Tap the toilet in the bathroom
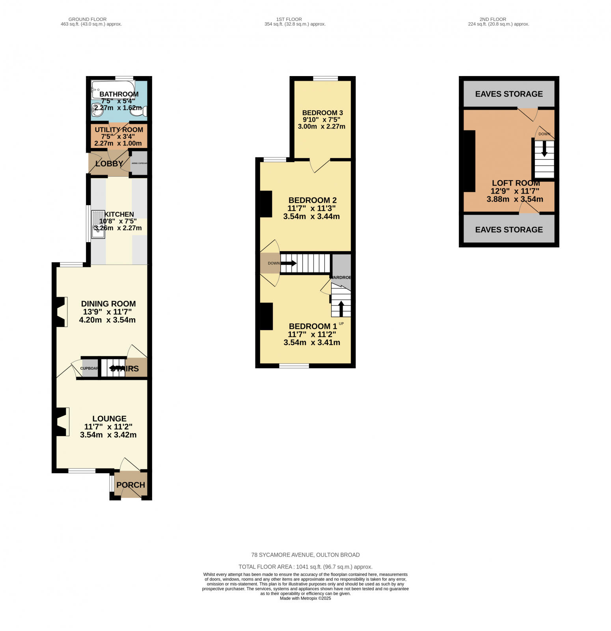click(139, 111)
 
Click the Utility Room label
click(119, 130)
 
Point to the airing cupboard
click(139, 163)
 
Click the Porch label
click(130, 485)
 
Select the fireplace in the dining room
click(61, 312)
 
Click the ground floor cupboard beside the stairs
click(89, 368)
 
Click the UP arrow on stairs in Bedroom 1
click(341, 308)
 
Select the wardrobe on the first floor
click(341, 266)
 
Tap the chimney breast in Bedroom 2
click(266, 204)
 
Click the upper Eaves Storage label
click(509, 94)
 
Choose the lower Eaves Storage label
click(509, 230)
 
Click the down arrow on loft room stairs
click(544, 148)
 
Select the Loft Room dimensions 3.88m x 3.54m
click(514, 199)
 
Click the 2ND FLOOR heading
click(493, 19)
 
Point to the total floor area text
click(305, 567)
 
